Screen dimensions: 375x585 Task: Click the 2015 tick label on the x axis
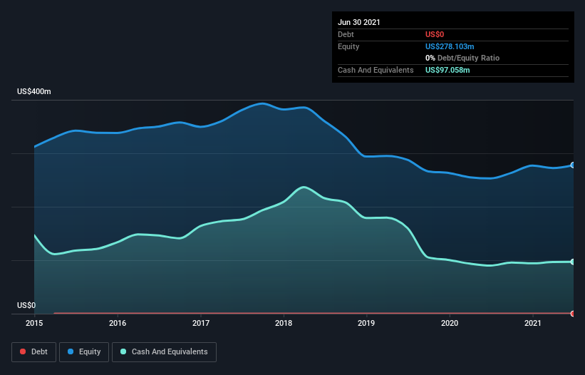pyautogui.click(x=34, y=323)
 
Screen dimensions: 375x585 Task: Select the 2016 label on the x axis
pyautogui.click(x=118, y=323)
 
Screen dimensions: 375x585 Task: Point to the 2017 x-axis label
pyautogui.click(x=201, y=323)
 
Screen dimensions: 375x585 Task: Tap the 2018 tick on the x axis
pyautogui.click(x=284, y=323)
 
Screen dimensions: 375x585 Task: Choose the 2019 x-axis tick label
pyautogui.click(x=367, y=323)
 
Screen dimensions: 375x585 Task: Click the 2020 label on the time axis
pyautogui.click(x=450, y=323)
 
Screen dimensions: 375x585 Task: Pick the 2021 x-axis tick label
pyautogui.click(x=533, y=323)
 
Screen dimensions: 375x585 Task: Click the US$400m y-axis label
pyautogui.click(x=34, y=92)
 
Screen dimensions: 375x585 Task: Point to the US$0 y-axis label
pyautogui.click(x=26, y=305)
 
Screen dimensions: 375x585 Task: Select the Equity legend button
pyautogui.click(x=83, y=351)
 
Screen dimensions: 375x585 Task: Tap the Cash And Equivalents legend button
pyautogui.click(x=164, y=351)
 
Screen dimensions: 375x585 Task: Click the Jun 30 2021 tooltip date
pyautogui.click(x=359, y=22)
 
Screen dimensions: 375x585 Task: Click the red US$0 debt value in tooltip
pyautogui.click(x=435, y=34)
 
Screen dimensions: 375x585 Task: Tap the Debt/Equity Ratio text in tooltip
pyautogui.click(x=467, y=58)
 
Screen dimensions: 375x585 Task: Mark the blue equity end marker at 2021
pyautogui.click(x=573, y=165)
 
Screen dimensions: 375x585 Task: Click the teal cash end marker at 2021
pyautogui.click(x=573, y=262)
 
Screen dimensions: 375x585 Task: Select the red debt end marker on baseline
pyautogui.click(x=573, y=313)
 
